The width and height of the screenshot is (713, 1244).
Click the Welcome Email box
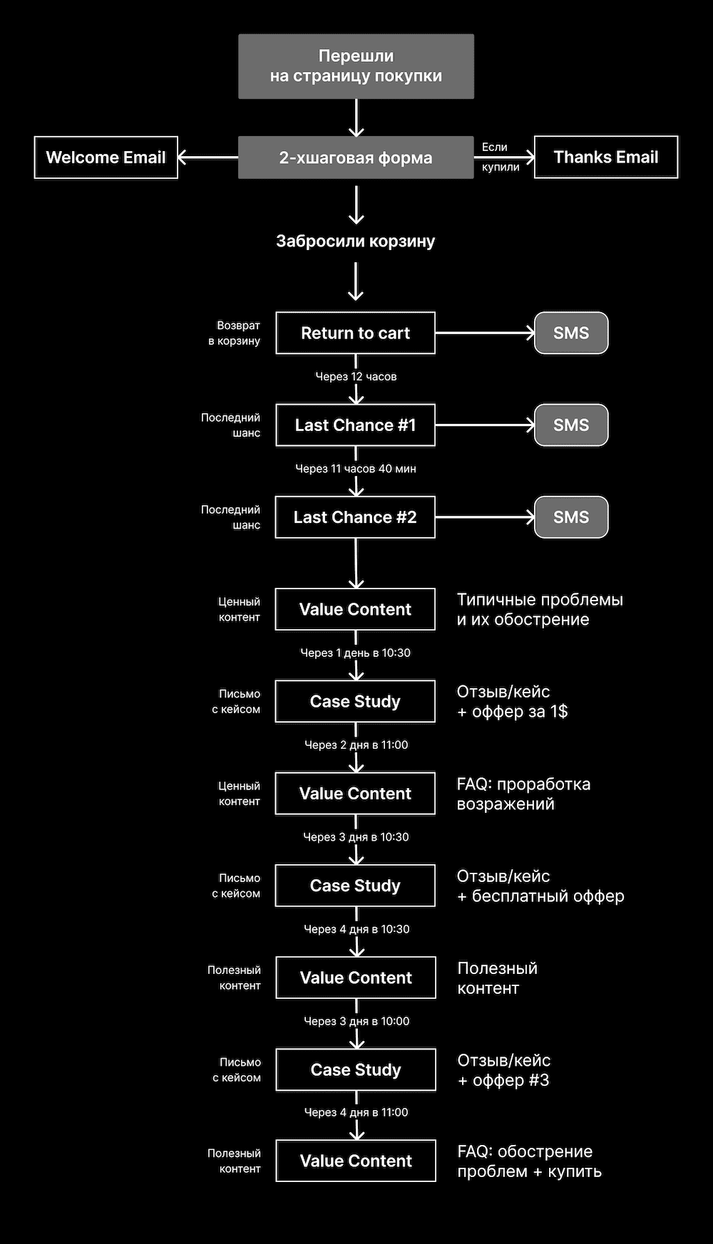[x=106, y=157]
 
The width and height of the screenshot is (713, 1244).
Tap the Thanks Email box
[x=606, y=157]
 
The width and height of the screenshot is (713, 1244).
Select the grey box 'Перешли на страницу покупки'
[x=356, y=66]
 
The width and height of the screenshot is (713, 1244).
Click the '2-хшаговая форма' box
[x=356, y=157]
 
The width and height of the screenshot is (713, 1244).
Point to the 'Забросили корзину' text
[x=356, y=241]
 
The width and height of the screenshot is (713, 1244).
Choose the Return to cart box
[x=356, y=333]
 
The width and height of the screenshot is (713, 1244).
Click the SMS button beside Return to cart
[x=571, y=333]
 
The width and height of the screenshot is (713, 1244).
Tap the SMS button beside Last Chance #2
[x=571, y=517]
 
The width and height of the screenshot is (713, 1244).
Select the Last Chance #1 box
[x=356, y=425]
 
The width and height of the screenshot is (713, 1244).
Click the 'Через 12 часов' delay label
[x=356, y=376]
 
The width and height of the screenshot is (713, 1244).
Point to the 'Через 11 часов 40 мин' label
[x=356, y=469]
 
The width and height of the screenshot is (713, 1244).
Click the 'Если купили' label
[x=501, y=157]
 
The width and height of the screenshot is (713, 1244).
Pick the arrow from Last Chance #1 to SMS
[x=485, y=425]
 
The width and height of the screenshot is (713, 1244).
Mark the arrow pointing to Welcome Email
[x=207, y=157]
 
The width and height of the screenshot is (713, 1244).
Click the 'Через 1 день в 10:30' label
[x=356, y=653]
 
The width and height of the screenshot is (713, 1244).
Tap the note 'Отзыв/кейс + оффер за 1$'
[x=512, y=701]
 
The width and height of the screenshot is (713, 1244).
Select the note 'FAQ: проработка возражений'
[x=523, y=794]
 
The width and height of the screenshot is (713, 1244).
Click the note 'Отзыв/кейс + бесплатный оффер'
[x=540, y=886]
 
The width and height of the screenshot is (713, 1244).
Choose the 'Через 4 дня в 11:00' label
[x=356, y=1112]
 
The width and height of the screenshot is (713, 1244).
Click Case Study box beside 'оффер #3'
[x=356, y=1069]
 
